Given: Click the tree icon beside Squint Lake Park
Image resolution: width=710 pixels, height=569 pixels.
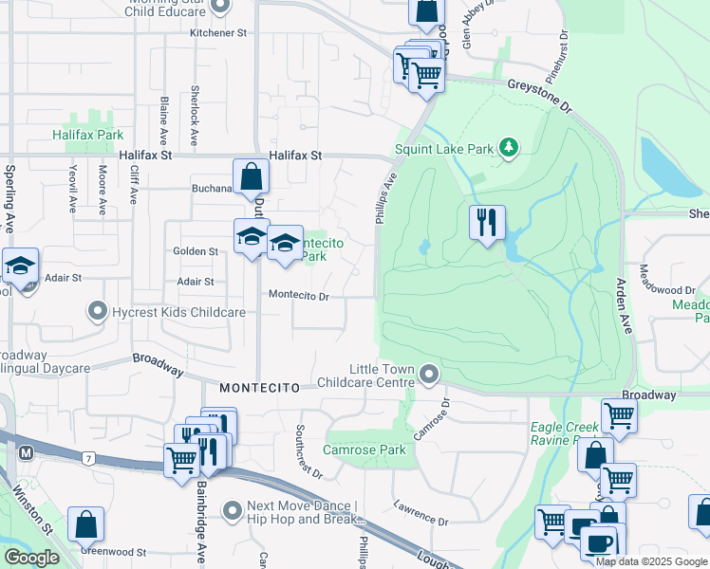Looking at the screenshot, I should (510, 147).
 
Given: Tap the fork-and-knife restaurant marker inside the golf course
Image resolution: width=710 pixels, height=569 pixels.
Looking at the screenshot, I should (487, 223).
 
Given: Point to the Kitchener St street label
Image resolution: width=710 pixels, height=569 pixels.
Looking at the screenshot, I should (217, 32).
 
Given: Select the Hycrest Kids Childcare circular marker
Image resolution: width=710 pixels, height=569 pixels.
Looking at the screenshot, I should (97, 311).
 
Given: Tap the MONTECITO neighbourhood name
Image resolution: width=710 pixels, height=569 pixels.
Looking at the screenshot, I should (259, 388).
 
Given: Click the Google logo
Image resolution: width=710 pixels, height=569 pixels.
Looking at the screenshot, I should (32, 558).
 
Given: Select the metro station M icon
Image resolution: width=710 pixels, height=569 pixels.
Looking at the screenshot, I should (26, 453).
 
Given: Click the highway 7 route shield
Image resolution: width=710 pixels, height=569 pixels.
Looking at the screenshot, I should (87, 459).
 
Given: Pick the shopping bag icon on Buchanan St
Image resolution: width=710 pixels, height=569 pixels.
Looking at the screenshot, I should (252, 176).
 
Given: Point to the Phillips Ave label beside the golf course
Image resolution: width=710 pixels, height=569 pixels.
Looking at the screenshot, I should (385, 197).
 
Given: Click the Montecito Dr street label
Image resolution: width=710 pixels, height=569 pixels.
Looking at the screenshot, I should (298, 296).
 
